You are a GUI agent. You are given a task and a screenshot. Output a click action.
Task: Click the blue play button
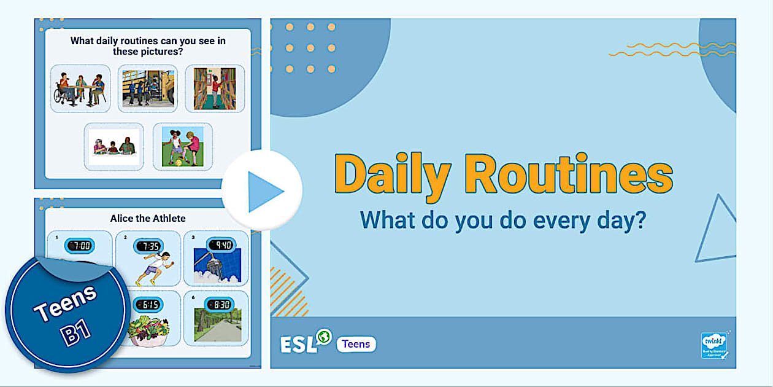click(x=262, y=191)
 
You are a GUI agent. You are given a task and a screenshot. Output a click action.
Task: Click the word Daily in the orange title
click(x=393, y=176)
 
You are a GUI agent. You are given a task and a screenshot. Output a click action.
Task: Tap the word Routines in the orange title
click(x=568, y=174)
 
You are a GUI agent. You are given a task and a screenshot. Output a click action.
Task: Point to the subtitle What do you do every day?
click(x=503, y=220)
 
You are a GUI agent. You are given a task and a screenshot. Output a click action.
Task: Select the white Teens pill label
click(x=356, y=344)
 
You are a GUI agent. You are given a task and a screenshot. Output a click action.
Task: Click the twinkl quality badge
click(x=715, y=345)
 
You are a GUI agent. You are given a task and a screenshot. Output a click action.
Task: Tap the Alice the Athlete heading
click(x=148, y=218)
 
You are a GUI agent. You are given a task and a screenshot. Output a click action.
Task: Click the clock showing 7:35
click(x=148, y=246)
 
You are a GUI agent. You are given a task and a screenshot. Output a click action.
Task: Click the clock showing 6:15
click(x=148, y=305)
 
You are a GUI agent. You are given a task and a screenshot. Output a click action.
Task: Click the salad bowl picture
click(x=147, y=332)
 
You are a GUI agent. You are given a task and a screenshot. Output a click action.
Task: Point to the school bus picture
click(x=148, y=88)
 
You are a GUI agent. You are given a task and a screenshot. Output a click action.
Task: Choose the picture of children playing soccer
click(x=182, y=146)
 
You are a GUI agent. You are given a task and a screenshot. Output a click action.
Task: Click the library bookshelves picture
click(x=215, y=88)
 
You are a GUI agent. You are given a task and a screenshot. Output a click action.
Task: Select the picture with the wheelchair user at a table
click(x=80, y=88)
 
